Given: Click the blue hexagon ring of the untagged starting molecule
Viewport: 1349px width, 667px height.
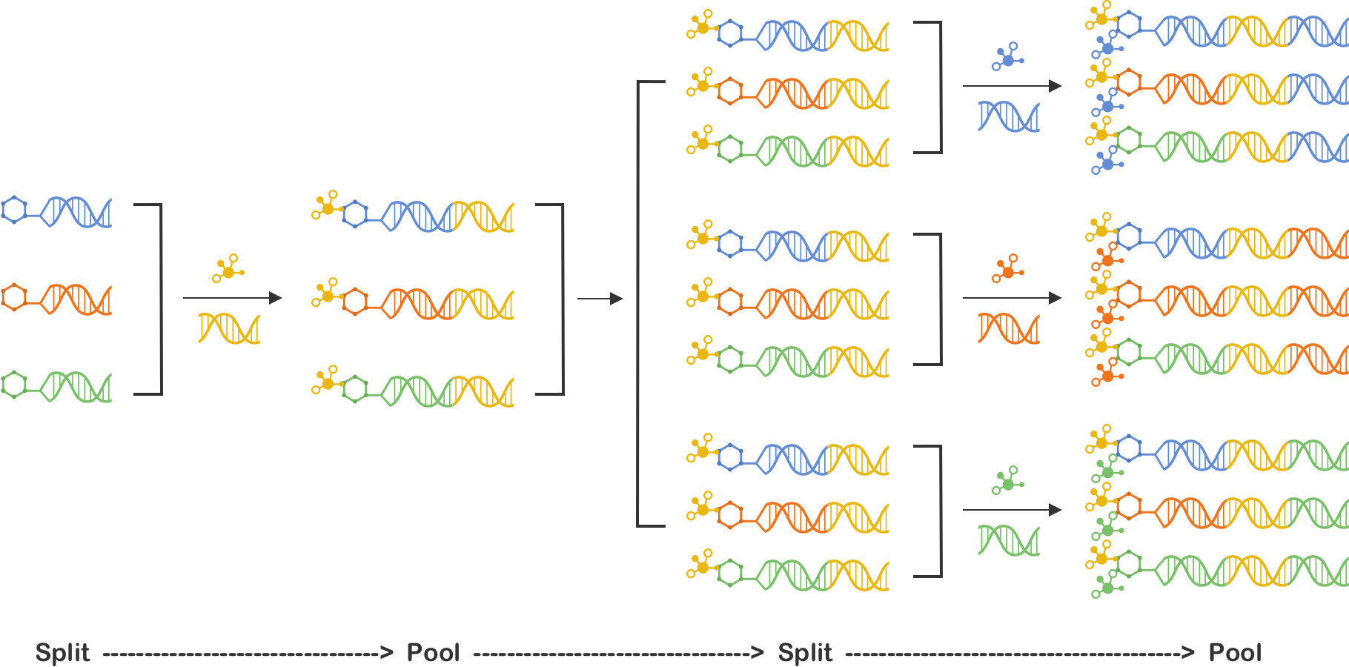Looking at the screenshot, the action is (x=14, y=210).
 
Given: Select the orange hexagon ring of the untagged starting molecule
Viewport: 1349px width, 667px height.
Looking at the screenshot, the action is (x=14, y=297).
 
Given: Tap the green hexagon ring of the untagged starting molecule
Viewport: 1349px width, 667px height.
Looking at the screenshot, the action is (x=14, y=385).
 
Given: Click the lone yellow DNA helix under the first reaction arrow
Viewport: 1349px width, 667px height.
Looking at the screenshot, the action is (x=229, y=328).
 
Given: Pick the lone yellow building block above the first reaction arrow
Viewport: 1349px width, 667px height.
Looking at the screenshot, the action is (x=228, y=269).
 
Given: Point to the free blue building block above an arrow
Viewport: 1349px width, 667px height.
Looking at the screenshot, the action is (x=1008, y=57).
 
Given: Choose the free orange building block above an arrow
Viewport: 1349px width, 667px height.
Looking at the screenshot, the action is (x=1008, y=269).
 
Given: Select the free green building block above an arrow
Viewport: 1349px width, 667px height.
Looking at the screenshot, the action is (x=1008, y=481).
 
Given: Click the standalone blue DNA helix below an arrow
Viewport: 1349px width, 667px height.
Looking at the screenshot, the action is (x=1009, y=116).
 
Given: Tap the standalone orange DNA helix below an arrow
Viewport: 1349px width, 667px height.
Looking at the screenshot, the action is (x=1009, y=328).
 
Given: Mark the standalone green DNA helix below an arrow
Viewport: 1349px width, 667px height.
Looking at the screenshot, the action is (x=1009, y=540).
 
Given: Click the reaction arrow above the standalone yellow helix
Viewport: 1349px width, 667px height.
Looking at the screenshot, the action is (x=233, y=298).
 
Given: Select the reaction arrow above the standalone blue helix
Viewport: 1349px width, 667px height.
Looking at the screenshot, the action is (x=1012, y=86).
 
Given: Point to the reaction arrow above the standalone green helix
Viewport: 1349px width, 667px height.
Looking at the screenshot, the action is (x=1012, y=510).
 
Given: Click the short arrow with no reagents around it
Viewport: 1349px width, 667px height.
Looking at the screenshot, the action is (x=600, y=299).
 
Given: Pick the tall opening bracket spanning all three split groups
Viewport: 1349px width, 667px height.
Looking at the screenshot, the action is (x=638, y=304).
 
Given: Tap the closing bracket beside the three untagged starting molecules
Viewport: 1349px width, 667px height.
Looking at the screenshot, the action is (x=160, y=299).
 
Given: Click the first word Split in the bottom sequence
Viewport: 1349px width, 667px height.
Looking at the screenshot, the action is (x=62, y=653).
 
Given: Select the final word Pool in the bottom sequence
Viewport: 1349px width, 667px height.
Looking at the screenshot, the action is (x=1235, y=653).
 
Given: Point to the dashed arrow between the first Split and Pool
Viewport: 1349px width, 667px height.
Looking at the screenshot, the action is (x=248, y=653).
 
